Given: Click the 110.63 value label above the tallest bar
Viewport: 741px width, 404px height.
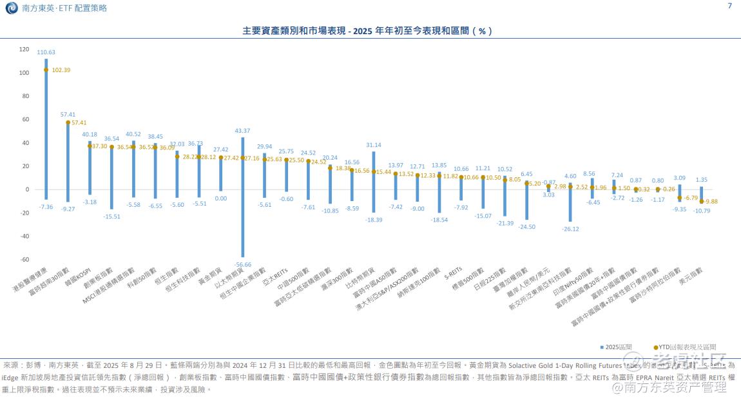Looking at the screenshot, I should pos(46,52).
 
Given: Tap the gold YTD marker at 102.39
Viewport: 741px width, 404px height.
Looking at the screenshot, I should pos(46,70).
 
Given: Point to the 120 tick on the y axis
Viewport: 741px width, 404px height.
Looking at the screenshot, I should pos(24,49).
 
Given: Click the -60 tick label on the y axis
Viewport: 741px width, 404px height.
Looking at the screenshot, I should pos(24,259).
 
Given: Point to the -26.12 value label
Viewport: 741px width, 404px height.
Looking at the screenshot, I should pos(570,229).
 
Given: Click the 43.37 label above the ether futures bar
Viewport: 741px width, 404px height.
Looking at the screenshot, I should pos(243,131).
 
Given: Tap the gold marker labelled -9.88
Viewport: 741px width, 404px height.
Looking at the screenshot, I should pos(702,202).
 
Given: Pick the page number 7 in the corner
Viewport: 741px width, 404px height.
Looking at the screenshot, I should pos(729,6).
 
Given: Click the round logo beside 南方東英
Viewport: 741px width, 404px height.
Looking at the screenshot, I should pos(11,8).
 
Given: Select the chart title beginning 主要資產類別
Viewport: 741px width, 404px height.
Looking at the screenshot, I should pos(367,31).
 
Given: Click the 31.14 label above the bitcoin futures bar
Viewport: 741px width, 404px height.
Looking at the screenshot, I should pos(374,145).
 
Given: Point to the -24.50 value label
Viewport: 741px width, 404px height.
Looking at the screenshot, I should pos(526,227).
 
